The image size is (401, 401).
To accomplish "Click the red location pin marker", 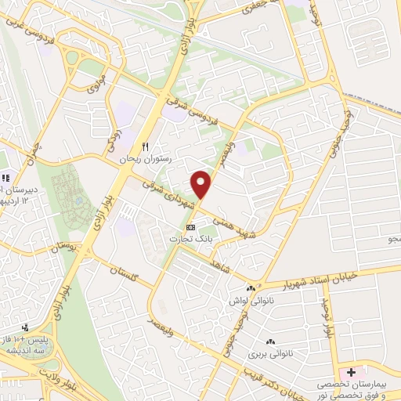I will pyautogui.click(x=202, y=184).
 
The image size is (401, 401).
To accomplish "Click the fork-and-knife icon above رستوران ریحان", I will pyautogui.click(x=145, y=146).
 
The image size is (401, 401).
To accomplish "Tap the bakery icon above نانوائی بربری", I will pyautogui.click(x=271, y=341).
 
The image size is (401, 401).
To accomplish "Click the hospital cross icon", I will pyautogui.click(x=352, y=371).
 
